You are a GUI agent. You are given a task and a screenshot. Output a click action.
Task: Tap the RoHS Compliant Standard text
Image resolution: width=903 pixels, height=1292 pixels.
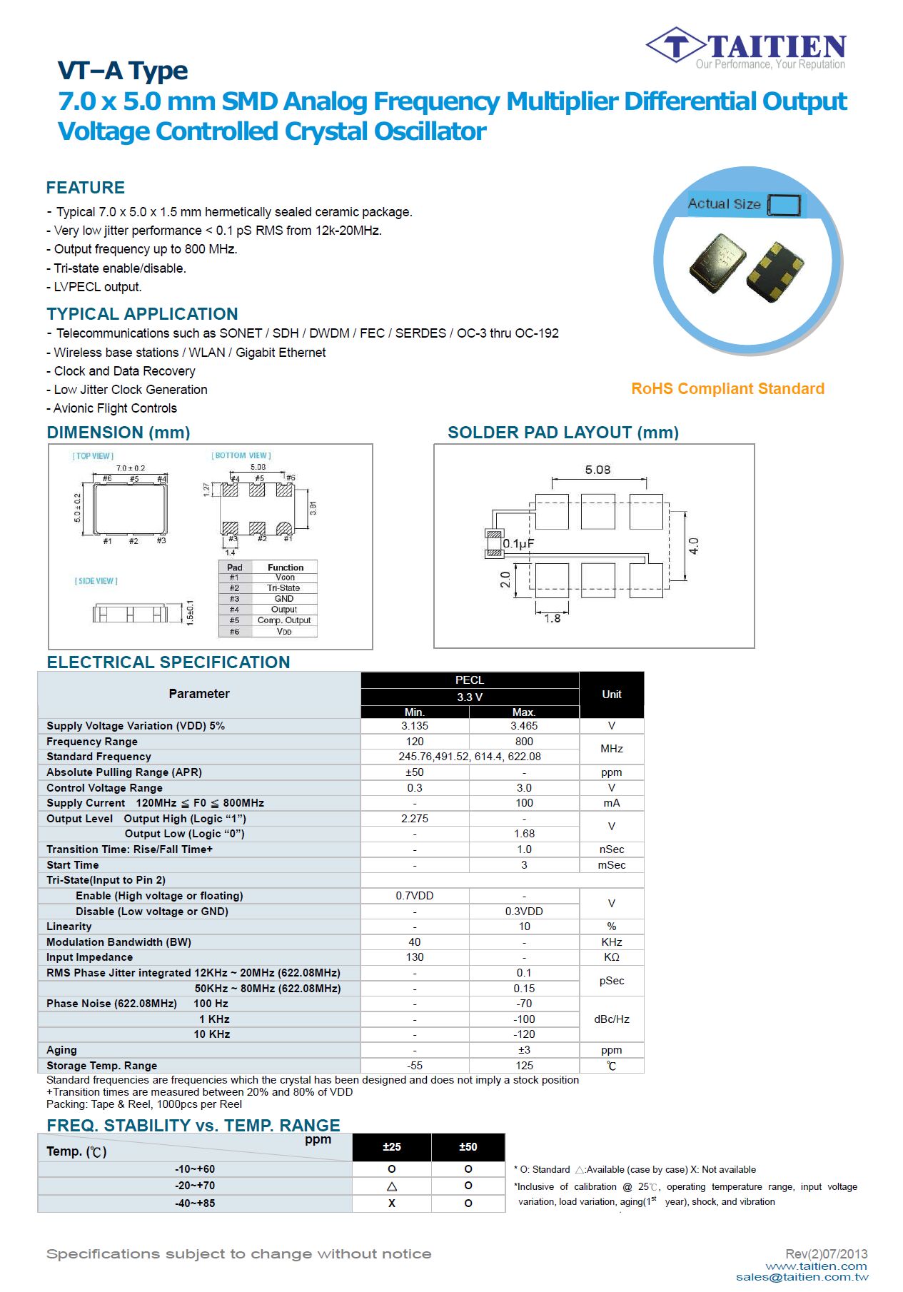[727, 389]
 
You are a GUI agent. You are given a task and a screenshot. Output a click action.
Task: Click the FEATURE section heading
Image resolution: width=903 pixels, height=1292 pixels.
[86, 188]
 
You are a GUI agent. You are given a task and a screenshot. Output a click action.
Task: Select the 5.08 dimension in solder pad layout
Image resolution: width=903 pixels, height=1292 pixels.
[597, 470]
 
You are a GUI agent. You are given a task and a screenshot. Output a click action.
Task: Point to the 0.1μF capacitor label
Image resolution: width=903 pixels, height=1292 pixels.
[518, 544]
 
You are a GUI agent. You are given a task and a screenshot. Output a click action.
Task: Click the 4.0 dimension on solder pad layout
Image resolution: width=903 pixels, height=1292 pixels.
[694, 546]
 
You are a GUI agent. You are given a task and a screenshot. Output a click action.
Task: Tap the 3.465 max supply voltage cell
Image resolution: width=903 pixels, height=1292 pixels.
[524, 726]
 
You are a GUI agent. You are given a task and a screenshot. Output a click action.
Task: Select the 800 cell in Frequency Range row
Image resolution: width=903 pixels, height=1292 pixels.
[524, 742]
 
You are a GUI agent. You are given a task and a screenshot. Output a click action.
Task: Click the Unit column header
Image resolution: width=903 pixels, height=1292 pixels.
[612, 695]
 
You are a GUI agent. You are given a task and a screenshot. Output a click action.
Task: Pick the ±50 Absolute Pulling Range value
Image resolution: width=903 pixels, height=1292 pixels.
[415, 772]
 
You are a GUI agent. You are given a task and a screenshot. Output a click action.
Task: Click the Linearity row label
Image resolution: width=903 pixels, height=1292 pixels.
[69, 927]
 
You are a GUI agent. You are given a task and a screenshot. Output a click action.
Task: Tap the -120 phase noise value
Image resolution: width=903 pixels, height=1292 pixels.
[524, 1034]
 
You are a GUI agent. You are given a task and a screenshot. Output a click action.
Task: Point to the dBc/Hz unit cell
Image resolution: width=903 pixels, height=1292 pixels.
[612, 1019]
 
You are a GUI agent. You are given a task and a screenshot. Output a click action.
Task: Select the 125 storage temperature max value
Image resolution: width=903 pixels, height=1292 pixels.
[524, 1066]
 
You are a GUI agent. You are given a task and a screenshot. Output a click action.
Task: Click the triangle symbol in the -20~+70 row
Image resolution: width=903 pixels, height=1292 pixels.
[392, 1186]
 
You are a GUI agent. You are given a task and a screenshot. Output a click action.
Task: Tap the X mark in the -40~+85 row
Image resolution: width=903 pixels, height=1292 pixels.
[392, 1203]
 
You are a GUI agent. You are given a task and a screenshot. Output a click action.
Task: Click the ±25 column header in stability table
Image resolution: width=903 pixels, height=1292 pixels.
[392, 1147]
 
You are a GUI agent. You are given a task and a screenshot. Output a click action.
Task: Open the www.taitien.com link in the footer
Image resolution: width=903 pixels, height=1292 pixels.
[817, 1266]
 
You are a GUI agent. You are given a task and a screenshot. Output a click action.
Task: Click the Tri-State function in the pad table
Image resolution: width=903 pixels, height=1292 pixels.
[283, 588]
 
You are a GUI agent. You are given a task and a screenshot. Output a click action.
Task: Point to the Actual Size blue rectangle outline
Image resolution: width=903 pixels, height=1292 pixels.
[785, 206]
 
